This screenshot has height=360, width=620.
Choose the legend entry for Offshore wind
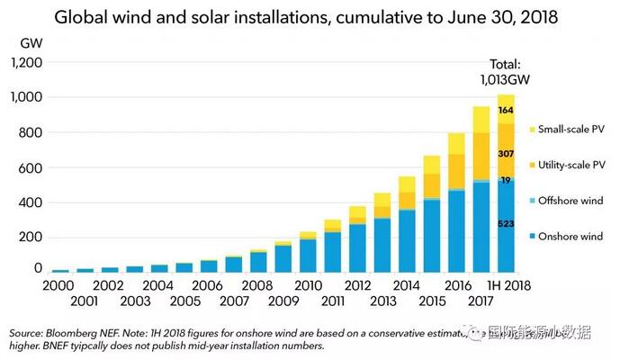point(571,200)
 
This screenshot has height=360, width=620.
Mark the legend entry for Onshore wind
point(571,236)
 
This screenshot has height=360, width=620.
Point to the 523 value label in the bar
point(507,221)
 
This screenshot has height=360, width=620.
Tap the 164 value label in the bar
point(507,110)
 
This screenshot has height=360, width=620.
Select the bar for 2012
point(357,238)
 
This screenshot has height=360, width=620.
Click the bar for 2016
point(456,202)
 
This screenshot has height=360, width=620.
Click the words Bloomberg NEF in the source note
point(88,332)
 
